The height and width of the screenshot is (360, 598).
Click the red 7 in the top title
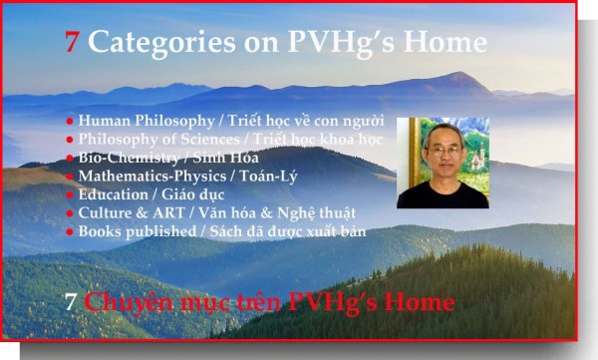(72, 42)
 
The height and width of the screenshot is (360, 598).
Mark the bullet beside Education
(70, 195)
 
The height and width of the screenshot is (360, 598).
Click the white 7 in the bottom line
(72, 302)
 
